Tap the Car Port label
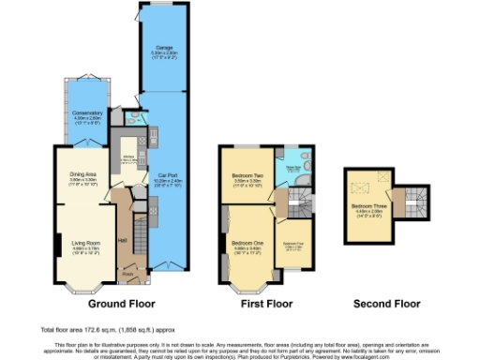(x=167, y=176)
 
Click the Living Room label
(x=83, y=223)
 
